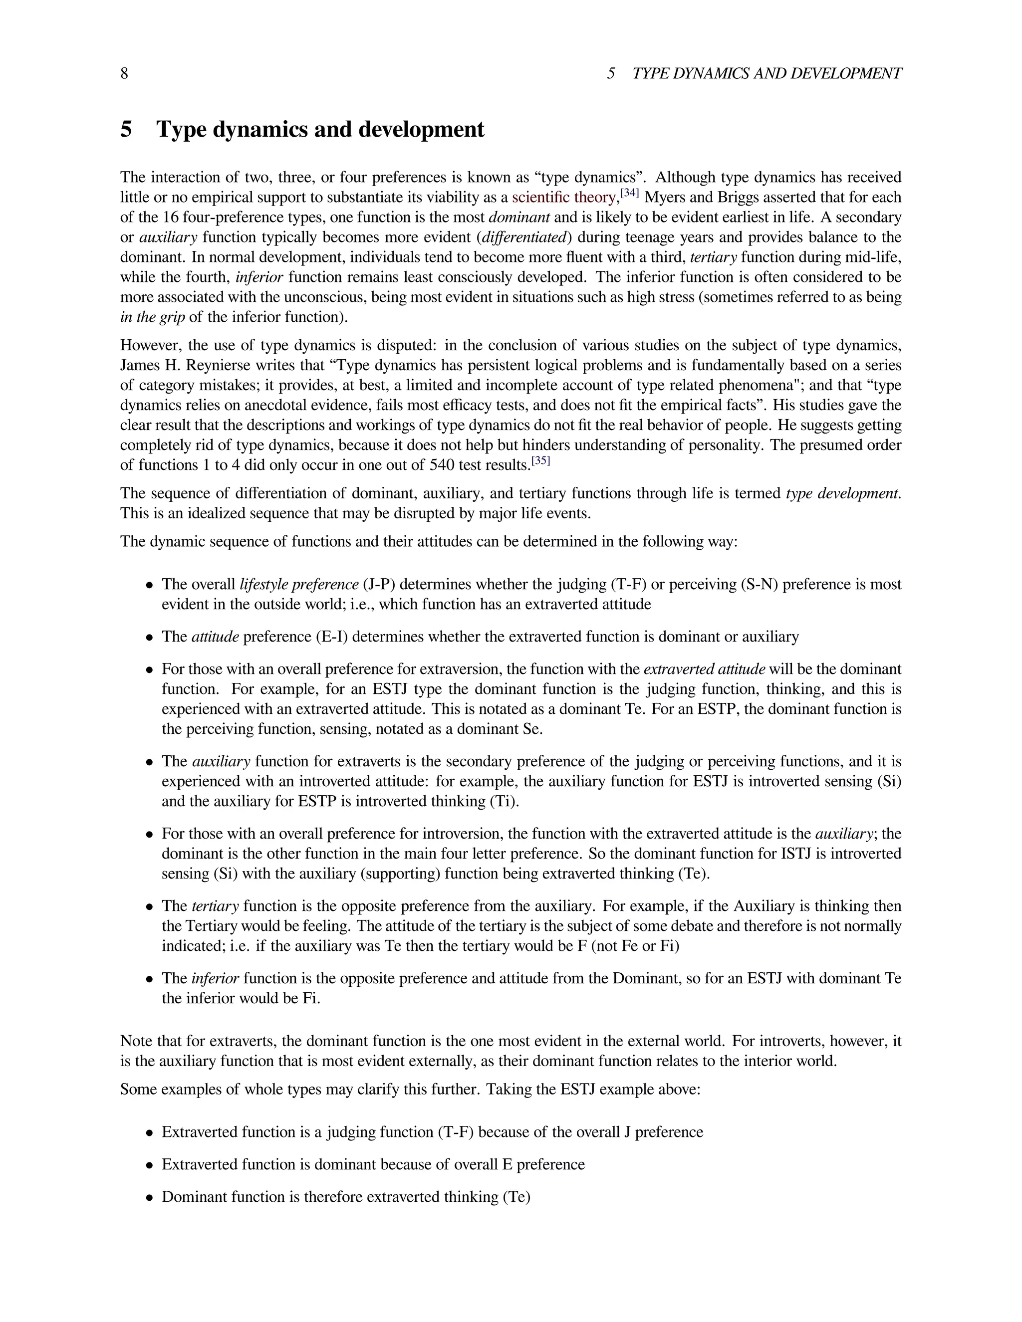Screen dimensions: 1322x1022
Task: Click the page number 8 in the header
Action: (x=124, y=74)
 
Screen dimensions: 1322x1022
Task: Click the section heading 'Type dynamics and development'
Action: (x=320, y=130)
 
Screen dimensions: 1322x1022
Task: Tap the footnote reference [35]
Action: (x=540, y=462)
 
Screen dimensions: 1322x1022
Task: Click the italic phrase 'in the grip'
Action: (x=152, y=317)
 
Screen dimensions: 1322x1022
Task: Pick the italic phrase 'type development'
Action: (x=842, y=493)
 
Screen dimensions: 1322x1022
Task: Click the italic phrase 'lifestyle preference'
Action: (x=299, y=585)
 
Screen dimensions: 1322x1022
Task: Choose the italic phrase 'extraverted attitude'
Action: (x=704, y=669)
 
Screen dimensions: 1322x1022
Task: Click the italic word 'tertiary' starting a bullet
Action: (x=215, y=906)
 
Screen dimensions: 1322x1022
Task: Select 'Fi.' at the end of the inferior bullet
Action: (x=310, y=999)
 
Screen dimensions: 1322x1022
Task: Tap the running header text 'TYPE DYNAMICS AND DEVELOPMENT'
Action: (x=766, y=74)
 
